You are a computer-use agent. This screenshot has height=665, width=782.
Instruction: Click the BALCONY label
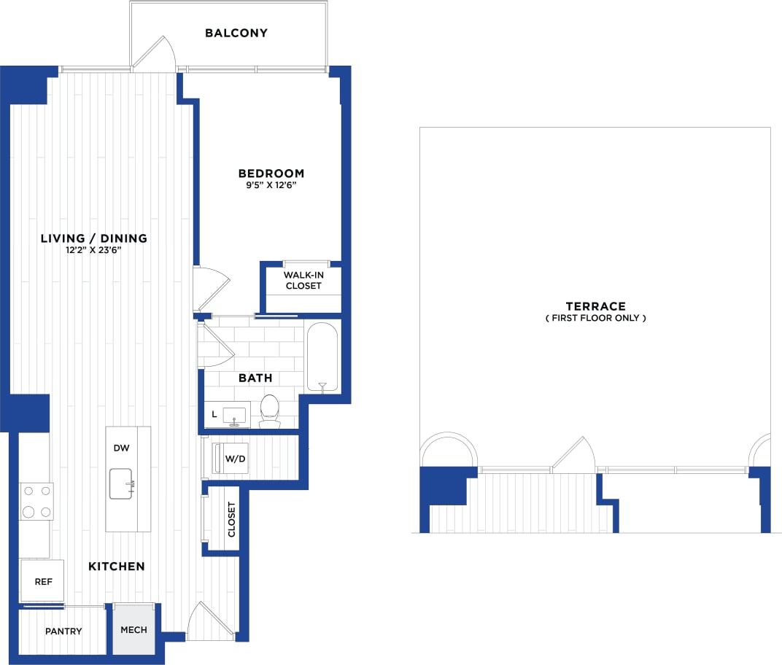pyautogui.click(x=236, y=33)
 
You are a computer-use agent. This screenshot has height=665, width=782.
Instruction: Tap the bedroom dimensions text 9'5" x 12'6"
pyautogui.click(x=271, y=185)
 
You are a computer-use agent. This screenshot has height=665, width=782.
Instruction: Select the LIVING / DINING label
pyautogui.click(x=94, y=238)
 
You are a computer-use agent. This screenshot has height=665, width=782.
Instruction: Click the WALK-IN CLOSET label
pyautogui.click(x=303, y=280)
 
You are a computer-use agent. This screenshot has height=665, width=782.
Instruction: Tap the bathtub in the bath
pyautogui.click(x=322, y=357)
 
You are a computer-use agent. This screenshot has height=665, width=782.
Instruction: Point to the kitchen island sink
pyautogui.click(x=122, y=484)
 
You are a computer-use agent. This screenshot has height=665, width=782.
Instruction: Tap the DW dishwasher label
pyautogui.click(x=121, y=448)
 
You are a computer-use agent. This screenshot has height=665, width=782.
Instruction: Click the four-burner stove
pyautogui.click(x=36, y=502)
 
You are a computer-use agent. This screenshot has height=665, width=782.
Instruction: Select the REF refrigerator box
pyautogui.click(x=42, y=581)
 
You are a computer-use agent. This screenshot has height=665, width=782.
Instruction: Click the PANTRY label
pyautogui.click(x=63, y=631)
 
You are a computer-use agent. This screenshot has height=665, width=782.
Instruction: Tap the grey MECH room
pyautogui.click(x=133, y=630)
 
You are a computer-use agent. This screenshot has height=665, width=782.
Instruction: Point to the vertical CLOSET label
pyautogui.click(x=232, y=519)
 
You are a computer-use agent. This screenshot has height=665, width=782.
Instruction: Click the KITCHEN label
pyautogui.click(x=117, y=566)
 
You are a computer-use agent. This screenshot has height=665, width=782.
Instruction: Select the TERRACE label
pyautogui.click(x=595, y=306)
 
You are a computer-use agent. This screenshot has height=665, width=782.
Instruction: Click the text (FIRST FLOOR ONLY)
pyautogui.click(x=595, y=318)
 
